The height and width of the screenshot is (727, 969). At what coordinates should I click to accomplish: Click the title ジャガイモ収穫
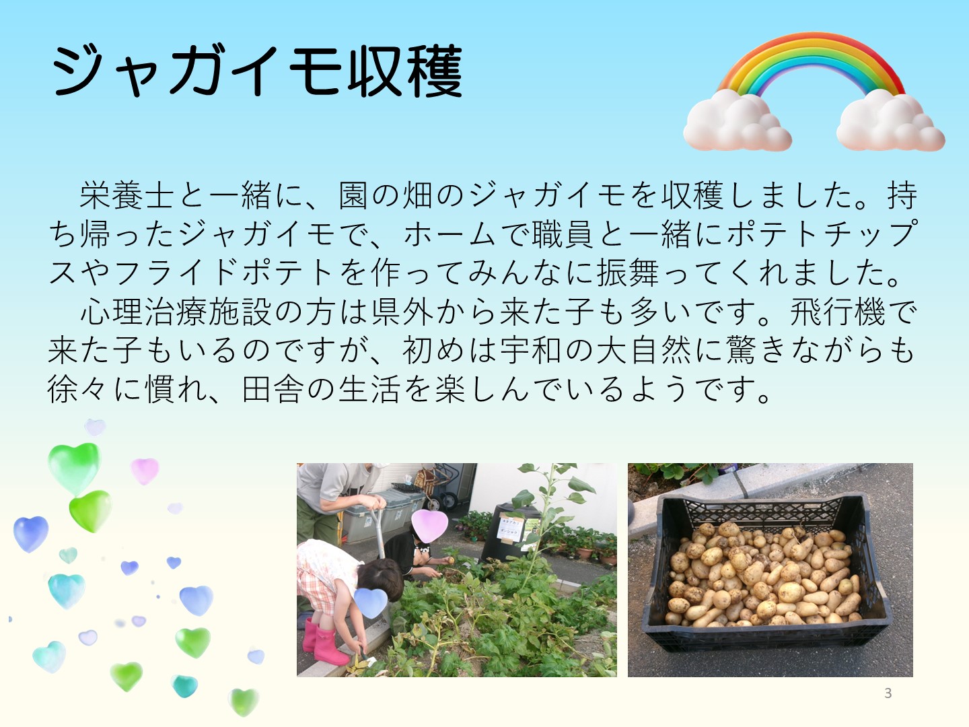[257, 71]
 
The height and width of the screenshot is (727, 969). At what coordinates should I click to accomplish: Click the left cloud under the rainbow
[736, 120]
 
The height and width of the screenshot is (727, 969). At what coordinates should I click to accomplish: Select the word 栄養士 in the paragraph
[127, 195]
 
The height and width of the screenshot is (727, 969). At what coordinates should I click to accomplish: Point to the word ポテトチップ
[822, 234]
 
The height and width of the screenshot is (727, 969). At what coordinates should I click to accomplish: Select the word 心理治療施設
[176, 311]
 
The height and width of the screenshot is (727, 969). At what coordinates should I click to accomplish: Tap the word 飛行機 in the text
[838, 311]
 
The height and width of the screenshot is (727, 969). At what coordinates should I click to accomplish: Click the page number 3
[888, 693]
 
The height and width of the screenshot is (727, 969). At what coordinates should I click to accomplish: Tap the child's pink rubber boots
[324, 642]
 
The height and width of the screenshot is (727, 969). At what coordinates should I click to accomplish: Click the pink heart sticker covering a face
[429, 525]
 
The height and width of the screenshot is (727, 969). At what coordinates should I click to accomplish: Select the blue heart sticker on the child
[371, 602]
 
